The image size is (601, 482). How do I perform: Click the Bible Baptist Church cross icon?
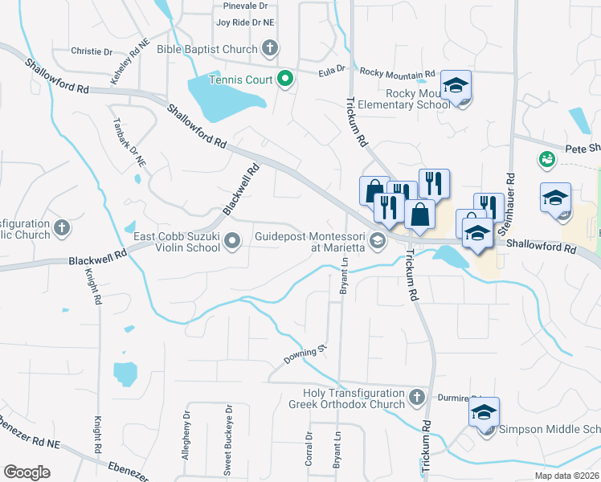click(269, 49)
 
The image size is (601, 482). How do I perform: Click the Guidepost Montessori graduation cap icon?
click(376, 240)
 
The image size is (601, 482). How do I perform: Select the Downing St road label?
click(305, 353)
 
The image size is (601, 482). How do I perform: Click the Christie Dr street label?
click(92, 51)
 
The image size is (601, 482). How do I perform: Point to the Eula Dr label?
click(331, 71)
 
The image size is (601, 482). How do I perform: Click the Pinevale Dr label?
click(245, 6)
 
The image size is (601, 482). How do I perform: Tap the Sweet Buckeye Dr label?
click(227, 447)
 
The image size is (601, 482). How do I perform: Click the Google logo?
click(27, 472)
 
